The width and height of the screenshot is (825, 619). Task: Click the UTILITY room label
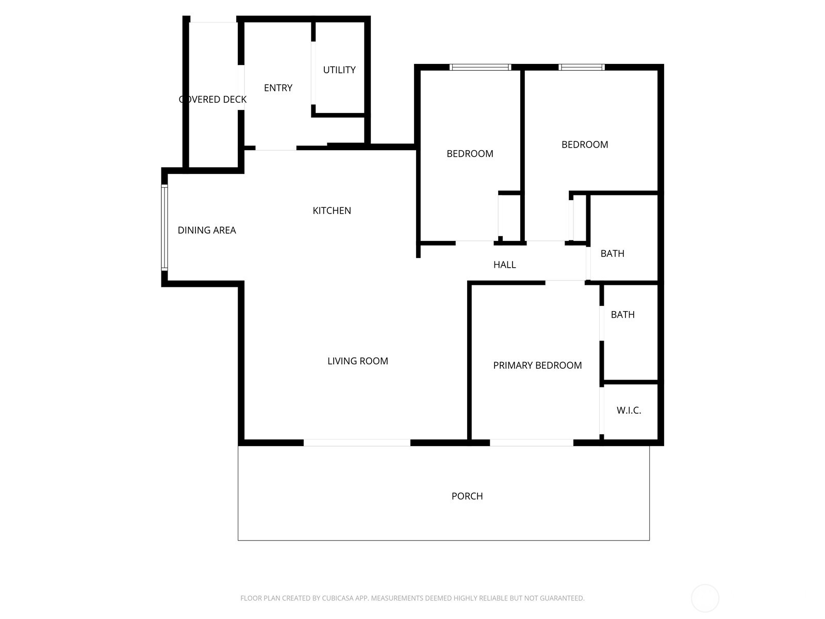click(x=339, y=70)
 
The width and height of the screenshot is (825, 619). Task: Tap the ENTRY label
click(x=278, y=88)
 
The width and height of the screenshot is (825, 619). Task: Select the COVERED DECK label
click(x=212, y=100)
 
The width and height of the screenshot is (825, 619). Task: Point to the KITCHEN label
click(x=332, y=210)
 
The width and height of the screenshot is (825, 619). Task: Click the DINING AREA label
click(x=207, y=230)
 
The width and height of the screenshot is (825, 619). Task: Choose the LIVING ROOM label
click(x=357, y=361)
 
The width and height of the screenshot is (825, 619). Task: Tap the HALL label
click(x=504, y=265)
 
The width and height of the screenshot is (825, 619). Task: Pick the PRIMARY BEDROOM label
click(x=537, y=365)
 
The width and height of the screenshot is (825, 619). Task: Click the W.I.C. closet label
click(x=629, y=411)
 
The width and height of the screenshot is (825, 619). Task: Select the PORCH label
click(x=467, y=496)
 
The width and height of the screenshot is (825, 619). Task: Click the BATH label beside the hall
click(x=612, y=253)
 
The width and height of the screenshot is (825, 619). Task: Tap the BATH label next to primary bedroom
click(x=622, y=315)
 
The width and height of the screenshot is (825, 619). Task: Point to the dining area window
click(x=164, y=227)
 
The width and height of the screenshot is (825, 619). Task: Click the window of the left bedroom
click(x=480, y=67)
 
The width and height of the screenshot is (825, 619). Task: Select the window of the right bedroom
click(x=581, y=67)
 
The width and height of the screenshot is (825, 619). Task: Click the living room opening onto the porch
click(x=357, y=443)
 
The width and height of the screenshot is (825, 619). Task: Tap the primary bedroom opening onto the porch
click(x=531, y=443)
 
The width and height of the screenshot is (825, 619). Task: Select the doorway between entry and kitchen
click(x=276, y=148)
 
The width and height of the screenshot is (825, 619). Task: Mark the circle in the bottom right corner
click(x=705, y=598)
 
